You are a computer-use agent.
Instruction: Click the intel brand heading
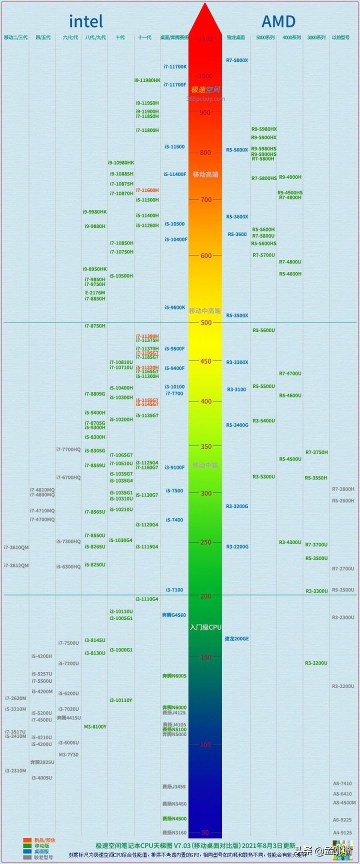pyautogui.click(x=86, y=21)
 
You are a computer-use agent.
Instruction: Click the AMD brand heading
pyautogui.click(x=278, y=21)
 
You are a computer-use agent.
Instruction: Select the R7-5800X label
pyautogui.click(x=237, y=60)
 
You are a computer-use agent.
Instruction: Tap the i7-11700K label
pyautogui.click(x=175, y=66)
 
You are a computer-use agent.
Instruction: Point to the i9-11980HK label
pyautogui.click(x=147, y=80)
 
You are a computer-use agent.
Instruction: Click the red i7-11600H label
pyautogui.click(x=147, y=190)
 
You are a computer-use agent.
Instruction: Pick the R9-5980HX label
pyautogui.click(x=264, y=129)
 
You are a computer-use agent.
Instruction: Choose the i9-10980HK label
pyautogui.click(x=121, y=162)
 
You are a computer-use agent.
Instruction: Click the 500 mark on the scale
pyautogui.click(x=205, y=322)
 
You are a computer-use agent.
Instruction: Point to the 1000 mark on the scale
pyautogui.click(x=205, y=76)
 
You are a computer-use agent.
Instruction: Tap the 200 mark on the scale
pyautogui.click(x=205, y=596)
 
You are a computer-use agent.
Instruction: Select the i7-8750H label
pyautogui.click(x=95, y=326)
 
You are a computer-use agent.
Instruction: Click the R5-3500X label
pyautogui.click(x=237, y=315)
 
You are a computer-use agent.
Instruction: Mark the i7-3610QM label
pyautogui.click(x=16, y=547)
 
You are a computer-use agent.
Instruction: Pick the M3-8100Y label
pyautogui.click(x=95, y=726)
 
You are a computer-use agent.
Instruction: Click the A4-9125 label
pyautogui.click(x=342, y=832)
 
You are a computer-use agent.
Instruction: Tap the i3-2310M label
pyautogui.click(x=15, y=770)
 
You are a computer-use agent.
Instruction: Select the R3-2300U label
pyautogui.click(x=343, y=617)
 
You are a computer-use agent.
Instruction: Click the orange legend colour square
pyautogui.click(x=27, y=840)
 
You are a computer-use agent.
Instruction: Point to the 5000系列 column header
pyautogui.click(x=265, y=37)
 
